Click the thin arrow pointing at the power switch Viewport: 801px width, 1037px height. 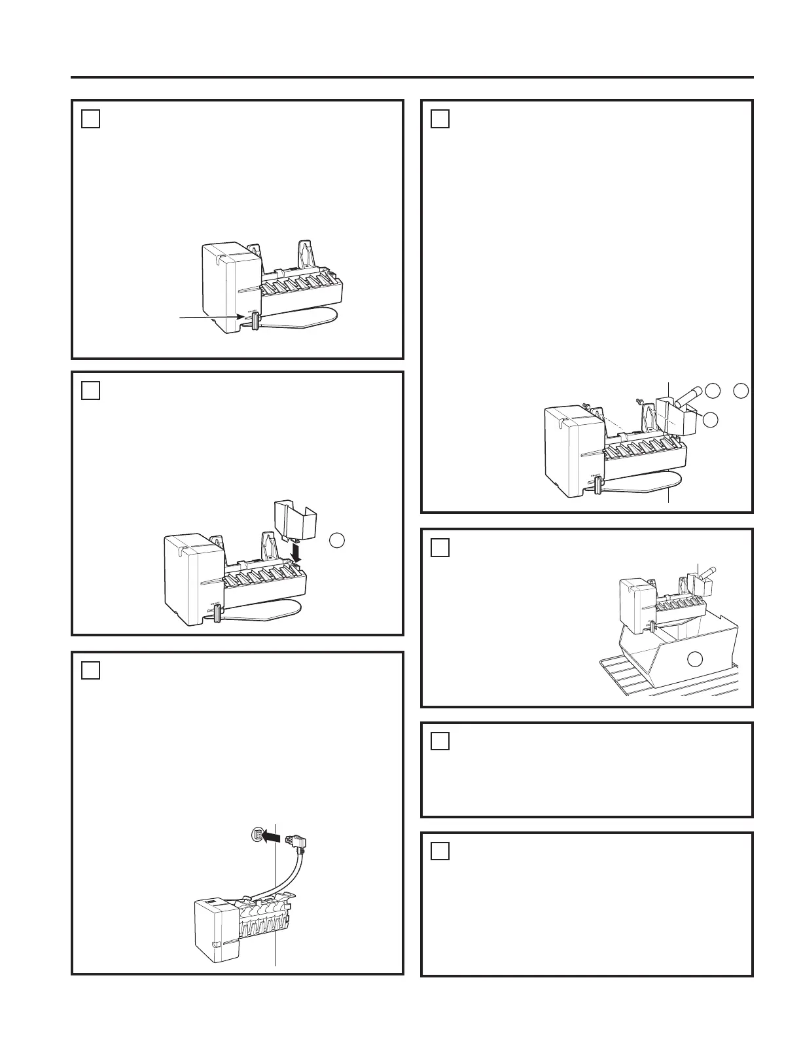[x=209, y=318]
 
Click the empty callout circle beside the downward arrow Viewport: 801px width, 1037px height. [x=336, y=539]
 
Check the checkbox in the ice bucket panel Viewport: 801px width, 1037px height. [x=440, y=547]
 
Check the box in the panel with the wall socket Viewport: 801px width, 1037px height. [x=91, y=670]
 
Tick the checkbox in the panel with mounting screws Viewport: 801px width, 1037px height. [x=440, y=118]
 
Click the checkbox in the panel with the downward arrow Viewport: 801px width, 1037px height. [x=91, y=390]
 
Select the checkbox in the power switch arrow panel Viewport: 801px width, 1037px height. [x=91, y=118]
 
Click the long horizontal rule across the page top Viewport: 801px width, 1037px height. [x=412, y=77]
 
